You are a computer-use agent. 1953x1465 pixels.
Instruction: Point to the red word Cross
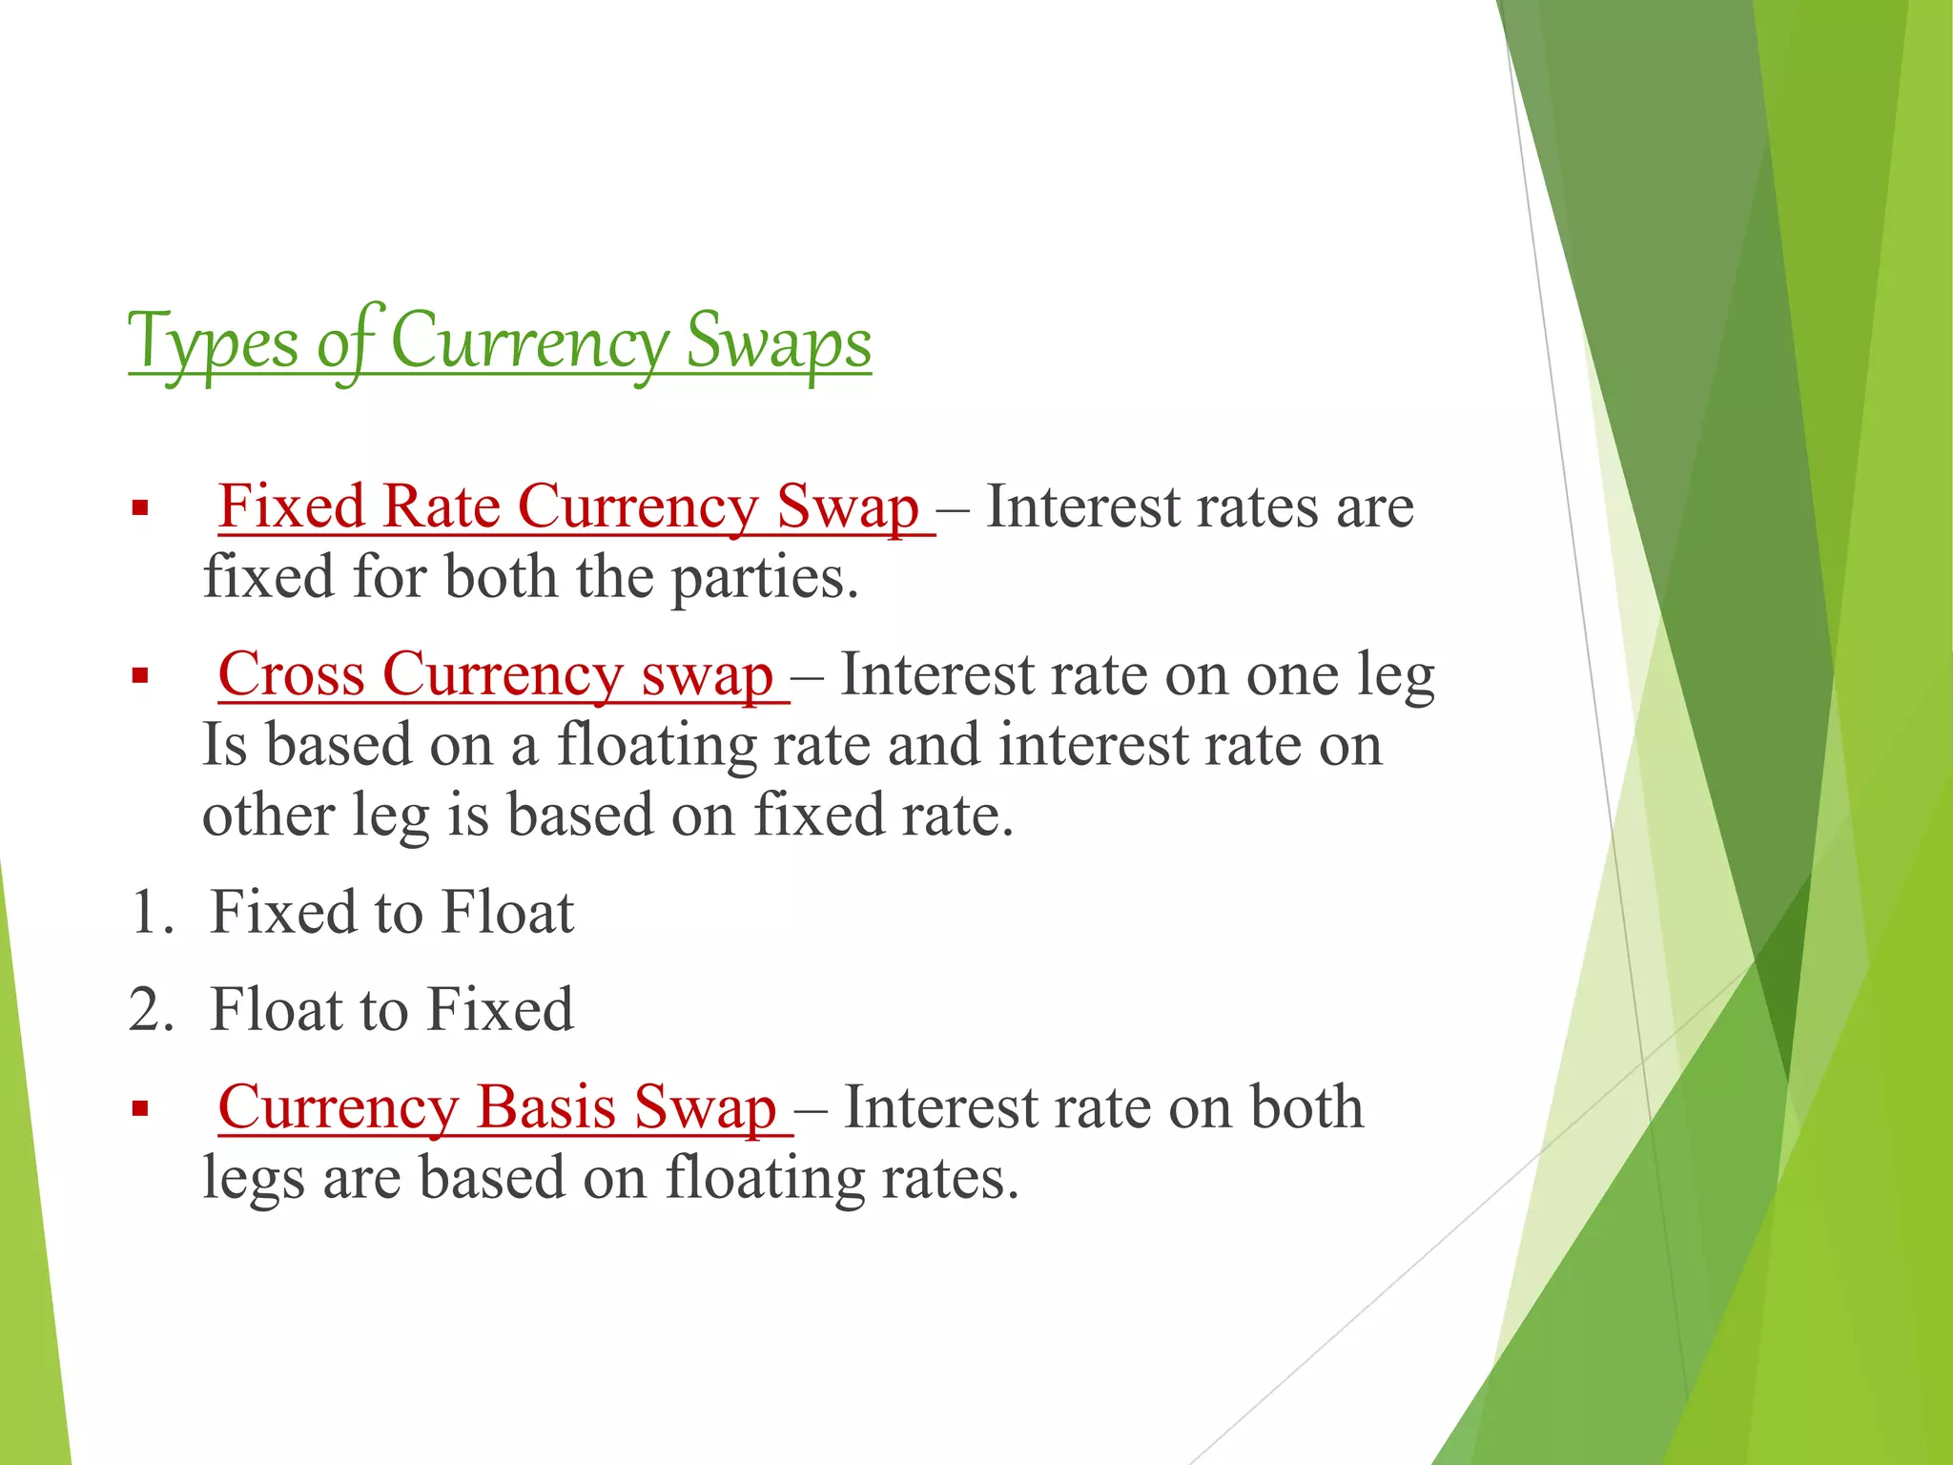[x=291, y=674]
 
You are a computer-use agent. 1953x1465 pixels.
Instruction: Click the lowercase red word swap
[x=707, y=676]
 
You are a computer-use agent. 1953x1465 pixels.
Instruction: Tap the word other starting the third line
[x=268, y=815]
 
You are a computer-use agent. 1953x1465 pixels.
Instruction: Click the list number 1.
[x=151, y=913]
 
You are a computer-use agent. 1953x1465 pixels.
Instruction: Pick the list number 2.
[x=151, y=1010]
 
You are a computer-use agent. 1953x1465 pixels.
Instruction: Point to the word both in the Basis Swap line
[x=1305, y=1107]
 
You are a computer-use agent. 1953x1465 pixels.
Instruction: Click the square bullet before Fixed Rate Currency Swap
[x=141, y=508]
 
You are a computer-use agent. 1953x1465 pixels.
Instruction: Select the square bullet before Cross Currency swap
[x=141, y=677]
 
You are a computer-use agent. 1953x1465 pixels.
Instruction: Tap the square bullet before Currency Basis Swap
[x=141, y=1110]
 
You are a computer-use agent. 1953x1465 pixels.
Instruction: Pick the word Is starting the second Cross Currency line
[x=225, y=745]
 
